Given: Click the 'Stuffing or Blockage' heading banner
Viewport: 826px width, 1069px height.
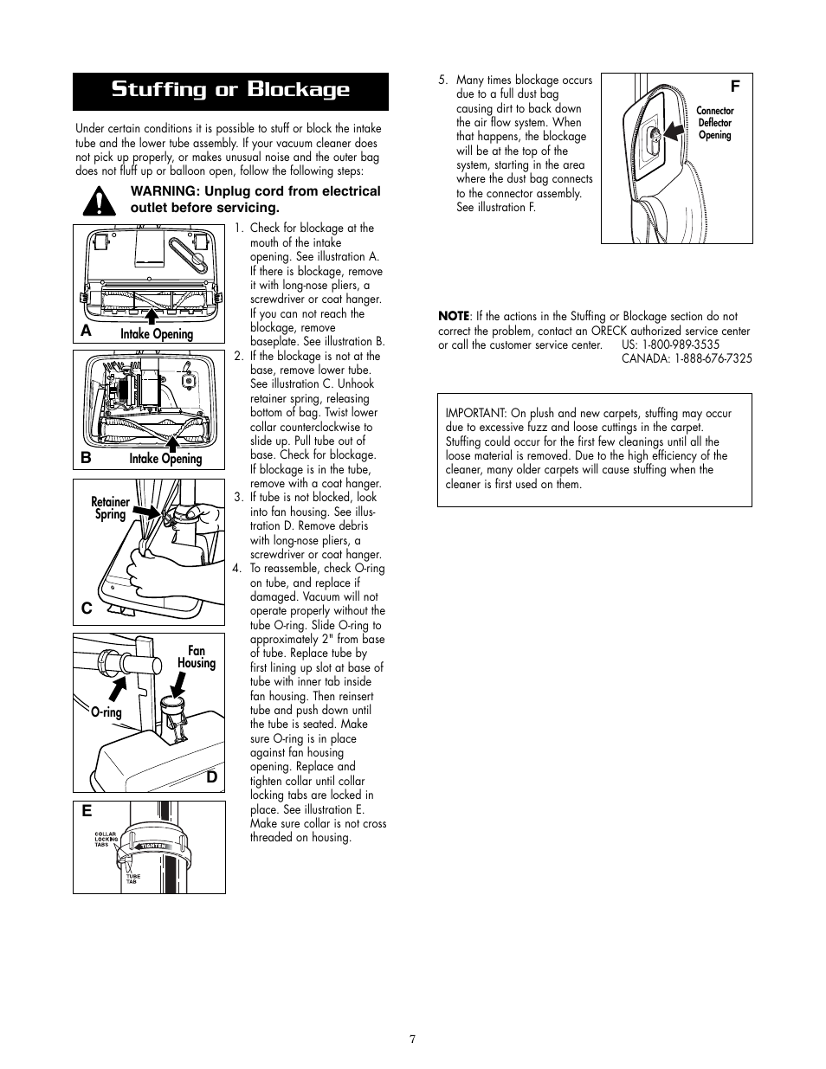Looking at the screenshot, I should pos(230,91).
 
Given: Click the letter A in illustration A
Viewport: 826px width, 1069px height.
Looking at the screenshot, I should pos(87,332).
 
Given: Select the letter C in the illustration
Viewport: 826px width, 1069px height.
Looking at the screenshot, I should pos(87,609).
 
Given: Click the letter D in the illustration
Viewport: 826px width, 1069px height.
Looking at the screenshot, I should pos(211,776).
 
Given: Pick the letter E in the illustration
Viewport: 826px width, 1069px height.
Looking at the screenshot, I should pos(87,813).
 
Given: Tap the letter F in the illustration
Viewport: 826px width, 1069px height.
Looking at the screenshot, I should pos(735,87).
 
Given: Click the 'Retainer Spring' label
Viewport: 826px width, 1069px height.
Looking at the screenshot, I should pos(110,508).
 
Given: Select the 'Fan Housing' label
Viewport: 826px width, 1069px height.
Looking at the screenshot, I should pos(197,657).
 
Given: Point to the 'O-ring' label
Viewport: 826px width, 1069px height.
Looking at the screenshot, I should pos(106,712).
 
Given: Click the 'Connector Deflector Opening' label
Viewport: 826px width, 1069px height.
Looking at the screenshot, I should pos(714,123).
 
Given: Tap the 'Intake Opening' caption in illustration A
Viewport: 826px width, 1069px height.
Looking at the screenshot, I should pos(157,334).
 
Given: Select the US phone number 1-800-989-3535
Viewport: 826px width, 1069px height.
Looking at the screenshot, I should pos(681,345).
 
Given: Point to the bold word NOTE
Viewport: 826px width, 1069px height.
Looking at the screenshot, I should pos(453,316).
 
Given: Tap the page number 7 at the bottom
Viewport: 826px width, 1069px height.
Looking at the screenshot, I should pos(413,1040).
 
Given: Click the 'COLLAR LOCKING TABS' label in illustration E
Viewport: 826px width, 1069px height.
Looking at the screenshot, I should pos(106,839).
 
